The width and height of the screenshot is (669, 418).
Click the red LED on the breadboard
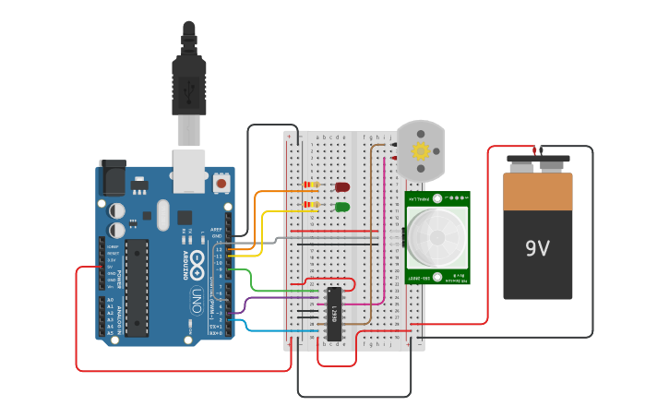coord(342,187)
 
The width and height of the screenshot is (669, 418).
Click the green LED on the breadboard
coord(342,206)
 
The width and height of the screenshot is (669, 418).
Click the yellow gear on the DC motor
coord(421,150)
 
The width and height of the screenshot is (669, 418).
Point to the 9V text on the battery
coord(537,248)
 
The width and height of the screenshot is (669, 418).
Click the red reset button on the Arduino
coord(221,183)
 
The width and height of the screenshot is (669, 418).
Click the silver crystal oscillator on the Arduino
coord(163,216)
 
